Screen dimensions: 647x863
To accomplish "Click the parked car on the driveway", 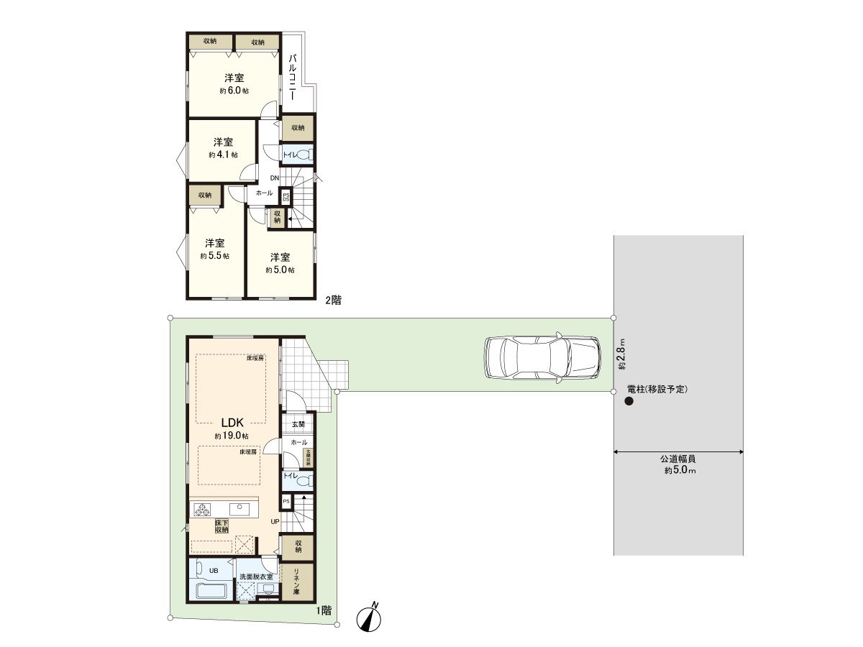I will pyautogui.click(x=542, y=357).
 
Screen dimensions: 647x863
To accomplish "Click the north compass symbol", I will pyautogui.click(x=370, y=617).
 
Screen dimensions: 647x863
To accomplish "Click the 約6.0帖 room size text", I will pyautogui.click(x=234, y=91).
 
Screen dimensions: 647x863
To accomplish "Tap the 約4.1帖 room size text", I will pyautogui.click(x=223, y=155).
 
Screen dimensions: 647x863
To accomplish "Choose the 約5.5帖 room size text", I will pyautogui.click(x=214, y=256).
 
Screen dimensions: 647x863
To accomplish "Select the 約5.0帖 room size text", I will pyautogui.click(x=280, y=270).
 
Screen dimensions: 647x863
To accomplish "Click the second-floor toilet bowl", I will pyautogui.click(x=304, y=155).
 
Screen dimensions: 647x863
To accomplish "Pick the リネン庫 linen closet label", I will pyautogui.click(x=297, y=581).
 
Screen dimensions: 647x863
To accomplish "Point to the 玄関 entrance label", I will pyautogui.click(x=298, y=425).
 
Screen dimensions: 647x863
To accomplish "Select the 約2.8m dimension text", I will pyautogui.click(x=623, y=354).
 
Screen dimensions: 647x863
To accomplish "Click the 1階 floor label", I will pyautogui.click(x=323, y=610).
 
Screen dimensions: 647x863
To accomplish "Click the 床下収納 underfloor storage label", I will pyautogui.click(x=222, y=526).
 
